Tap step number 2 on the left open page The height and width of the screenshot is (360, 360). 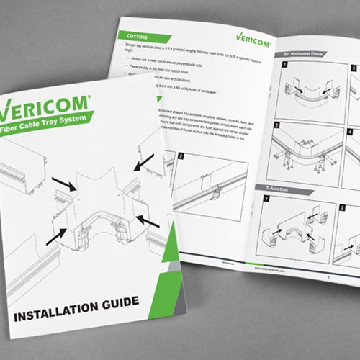click(181, 156)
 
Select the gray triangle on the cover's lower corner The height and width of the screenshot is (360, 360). click(171, 274)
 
